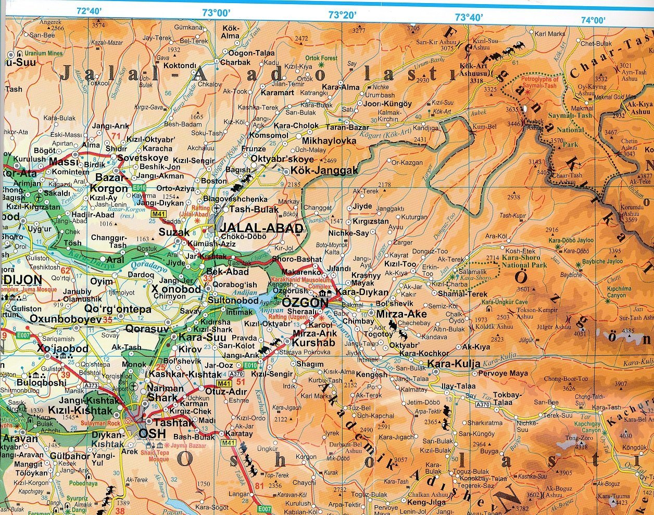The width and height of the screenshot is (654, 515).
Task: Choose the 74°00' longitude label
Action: pos(593,20)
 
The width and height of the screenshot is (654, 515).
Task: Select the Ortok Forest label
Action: pos(321,58)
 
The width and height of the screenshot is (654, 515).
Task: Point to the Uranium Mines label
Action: pos(44,54)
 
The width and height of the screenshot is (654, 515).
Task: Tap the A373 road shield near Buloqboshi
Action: pos(91,385)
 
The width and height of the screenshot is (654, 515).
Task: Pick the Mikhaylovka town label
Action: pos(329,141)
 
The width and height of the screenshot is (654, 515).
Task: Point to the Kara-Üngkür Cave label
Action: pos(505,302)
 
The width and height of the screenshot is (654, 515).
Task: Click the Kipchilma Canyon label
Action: pos(619,292)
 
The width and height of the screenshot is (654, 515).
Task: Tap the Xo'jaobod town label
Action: pos(62,349)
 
